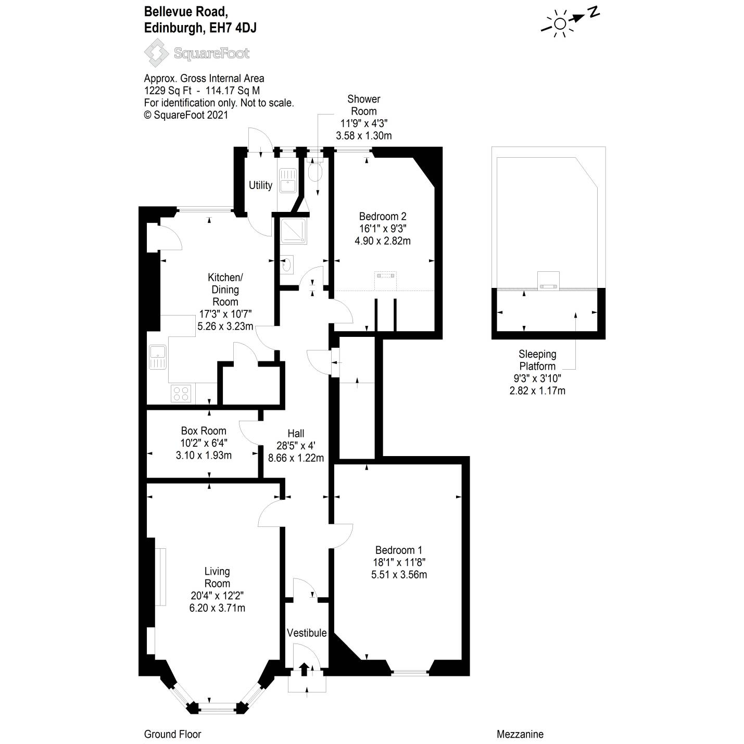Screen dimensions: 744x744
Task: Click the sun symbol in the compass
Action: (x=560, y=24)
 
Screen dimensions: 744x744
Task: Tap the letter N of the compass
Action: (x=594, y=12)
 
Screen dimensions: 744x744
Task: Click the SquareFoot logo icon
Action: (x=157, y=53)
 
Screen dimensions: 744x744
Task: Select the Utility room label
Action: (x=260, y=185)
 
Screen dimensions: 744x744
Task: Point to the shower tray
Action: (x=294, y=231)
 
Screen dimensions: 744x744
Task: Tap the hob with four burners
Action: (x=181, y=394)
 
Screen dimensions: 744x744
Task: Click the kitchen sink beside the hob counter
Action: (x=158, y=356)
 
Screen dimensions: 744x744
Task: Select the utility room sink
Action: (x=287, y=181)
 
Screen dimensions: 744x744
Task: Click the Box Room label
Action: (x=204, y=431)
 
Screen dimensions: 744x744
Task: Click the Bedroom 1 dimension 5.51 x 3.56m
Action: (x=399, y=574)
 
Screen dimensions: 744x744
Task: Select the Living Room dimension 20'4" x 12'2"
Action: (x=217, y=596)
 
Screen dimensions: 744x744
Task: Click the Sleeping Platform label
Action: (x=537, y=360)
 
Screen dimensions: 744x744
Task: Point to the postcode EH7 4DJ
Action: (x=232, y=28)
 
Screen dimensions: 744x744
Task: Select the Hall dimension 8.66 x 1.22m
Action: (x=296, y=458)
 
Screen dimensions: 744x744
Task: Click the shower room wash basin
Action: (x=287, y=264)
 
